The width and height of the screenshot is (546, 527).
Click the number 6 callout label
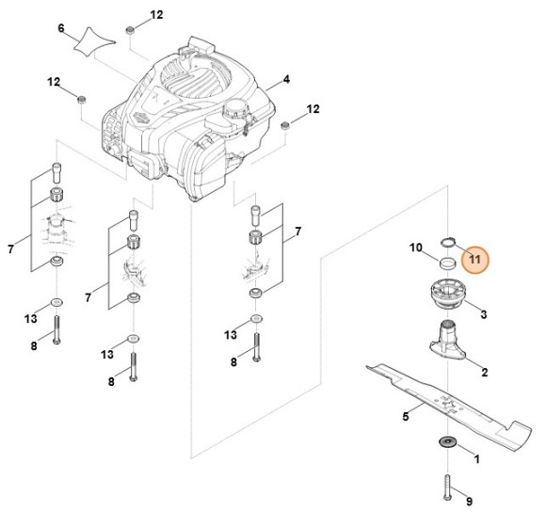click(x=61, y=28)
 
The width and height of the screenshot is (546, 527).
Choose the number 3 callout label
click(x=483, y=312)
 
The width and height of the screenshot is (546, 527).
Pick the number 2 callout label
click(x=484, y=373)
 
